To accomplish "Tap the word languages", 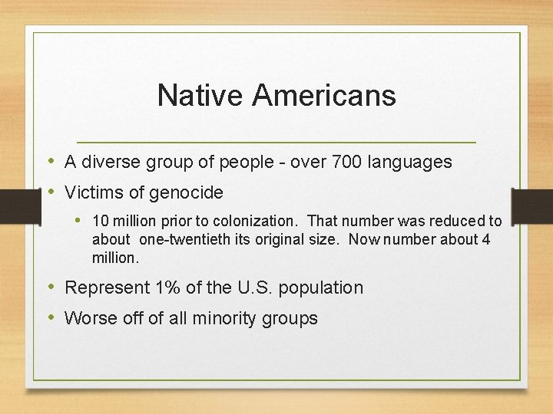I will (410, 163).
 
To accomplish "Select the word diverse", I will (108, 163).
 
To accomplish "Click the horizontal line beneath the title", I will (276, 143).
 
